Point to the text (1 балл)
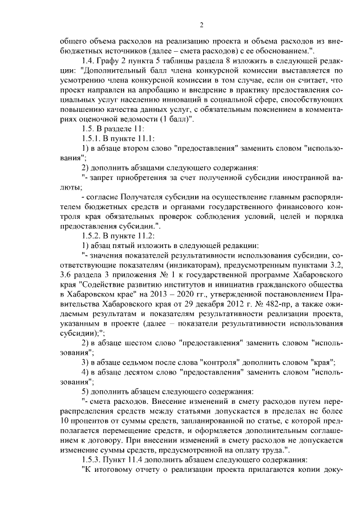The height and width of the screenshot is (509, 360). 175,119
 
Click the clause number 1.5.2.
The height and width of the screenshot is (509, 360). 92,235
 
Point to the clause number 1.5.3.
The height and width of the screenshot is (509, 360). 92,458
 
